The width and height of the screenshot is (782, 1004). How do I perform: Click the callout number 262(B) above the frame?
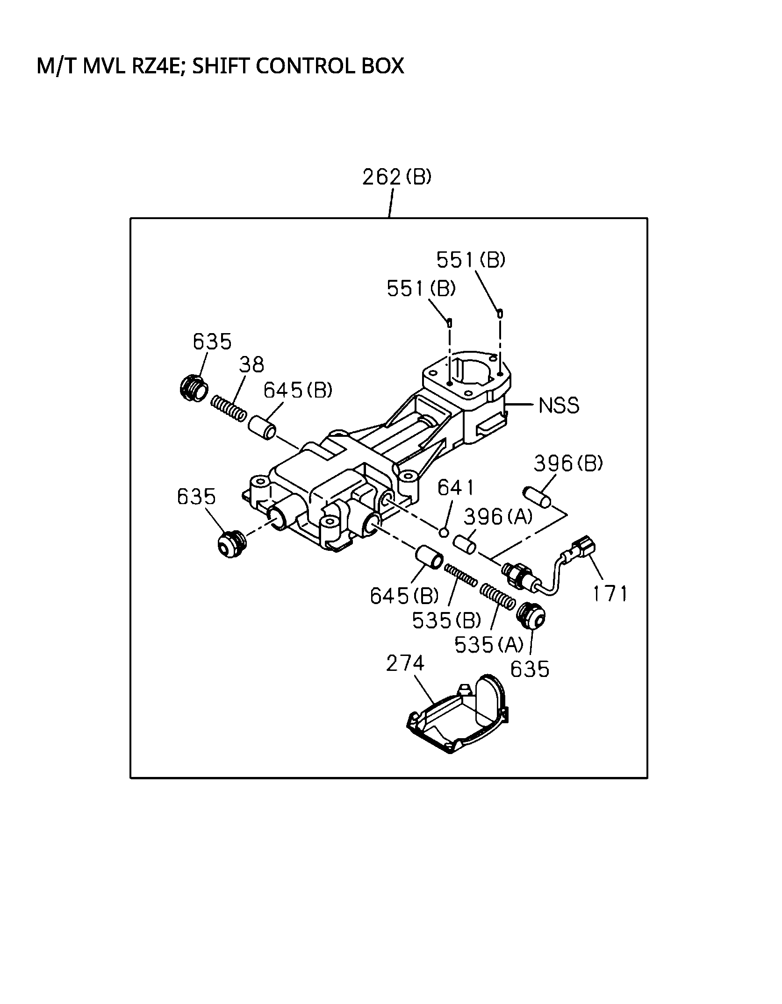[396, 178]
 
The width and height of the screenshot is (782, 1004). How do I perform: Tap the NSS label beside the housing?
[559, 406]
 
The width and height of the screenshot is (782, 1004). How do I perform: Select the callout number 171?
[610, 593]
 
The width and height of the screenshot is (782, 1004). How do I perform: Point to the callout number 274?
[405, 663]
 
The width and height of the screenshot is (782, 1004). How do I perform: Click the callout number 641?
[455, 488]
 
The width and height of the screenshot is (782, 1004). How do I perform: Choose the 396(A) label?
[498, 517]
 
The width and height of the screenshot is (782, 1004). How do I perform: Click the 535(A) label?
[489, 645]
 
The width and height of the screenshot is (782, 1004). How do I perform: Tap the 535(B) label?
[446, 620]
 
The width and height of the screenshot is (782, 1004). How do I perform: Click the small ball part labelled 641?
[444, 532]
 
